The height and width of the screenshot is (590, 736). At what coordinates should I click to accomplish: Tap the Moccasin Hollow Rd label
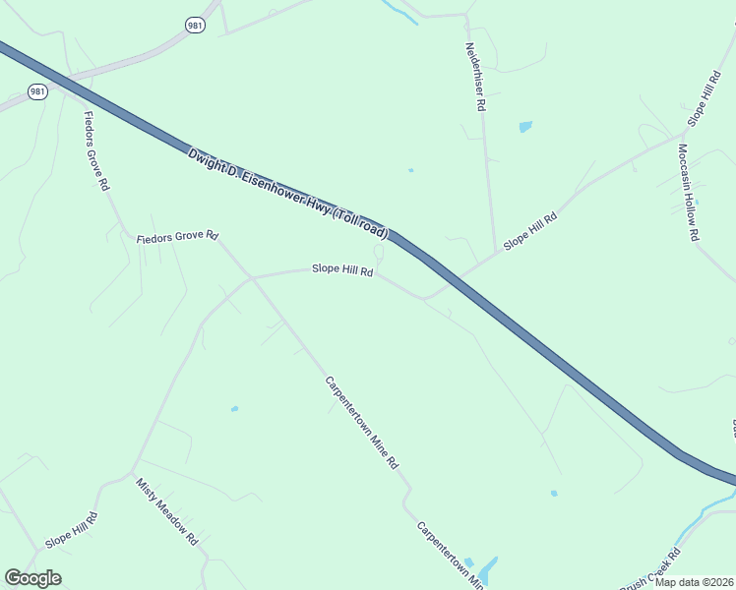[687, 193]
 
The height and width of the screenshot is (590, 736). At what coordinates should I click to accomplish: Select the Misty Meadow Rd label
[167, 512]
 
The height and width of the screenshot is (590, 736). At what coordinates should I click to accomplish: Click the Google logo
[32, 578]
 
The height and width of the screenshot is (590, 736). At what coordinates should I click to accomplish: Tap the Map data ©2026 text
[694, 582]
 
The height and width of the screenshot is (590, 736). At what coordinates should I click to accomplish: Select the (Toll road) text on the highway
[360, 223]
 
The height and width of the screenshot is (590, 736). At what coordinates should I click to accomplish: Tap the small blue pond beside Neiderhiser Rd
[525, 126]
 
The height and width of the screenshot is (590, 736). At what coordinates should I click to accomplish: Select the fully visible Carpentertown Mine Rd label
[362, 421]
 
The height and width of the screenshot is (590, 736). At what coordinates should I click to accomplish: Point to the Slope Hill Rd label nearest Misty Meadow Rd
[72, 531]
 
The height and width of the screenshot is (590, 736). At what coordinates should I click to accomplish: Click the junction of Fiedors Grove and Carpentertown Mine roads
[252, 278]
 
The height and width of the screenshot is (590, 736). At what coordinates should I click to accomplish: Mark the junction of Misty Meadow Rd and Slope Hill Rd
[131, 474]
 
